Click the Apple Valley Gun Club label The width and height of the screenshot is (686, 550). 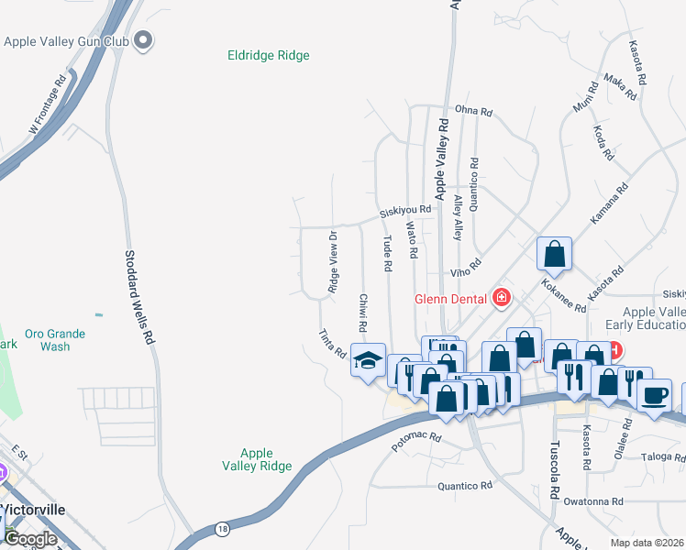[x=66, y=41]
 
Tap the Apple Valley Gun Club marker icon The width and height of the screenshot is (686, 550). [x=142, y=39]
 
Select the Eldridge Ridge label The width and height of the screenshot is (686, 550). [x=269, y=56]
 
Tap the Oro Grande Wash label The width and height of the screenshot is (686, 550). [x=55, y=340]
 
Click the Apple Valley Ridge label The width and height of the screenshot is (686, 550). [x=257, y=459]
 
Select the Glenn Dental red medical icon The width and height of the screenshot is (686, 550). [x=501, y=296]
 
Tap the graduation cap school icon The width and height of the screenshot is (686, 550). [x=368, y=358]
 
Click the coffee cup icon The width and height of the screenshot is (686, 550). [x=655, y=395]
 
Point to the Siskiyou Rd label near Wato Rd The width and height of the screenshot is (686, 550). [x=405, y=211]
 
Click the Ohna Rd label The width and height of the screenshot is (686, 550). [x=474, y=112]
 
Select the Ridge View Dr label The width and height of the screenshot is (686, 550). [x=333, y=262]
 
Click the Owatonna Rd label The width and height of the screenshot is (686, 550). [x=593, y=501]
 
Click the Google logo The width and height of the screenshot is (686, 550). [x=30, y=539]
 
